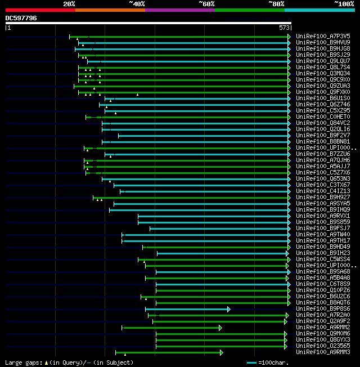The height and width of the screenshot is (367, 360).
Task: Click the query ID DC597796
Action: (x=21, y=18)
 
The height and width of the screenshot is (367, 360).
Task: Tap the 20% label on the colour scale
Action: (x=69, y=3)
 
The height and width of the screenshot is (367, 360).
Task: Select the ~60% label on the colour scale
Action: (x=206, y=3)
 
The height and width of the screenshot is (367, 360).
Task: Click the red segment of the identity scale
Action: (x=40, y=10)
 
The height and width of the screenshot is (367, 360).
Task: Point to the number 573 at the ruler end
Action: (x=284, y=28)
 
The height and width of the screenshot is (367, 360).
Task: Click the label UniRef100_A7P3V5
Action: (x=323, y=36)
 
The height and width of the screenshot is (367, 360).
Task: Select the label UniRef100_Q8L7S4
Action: (x=323, y=67)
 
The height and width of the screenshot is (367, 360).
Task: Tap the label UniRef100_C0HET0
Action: (x=323, y=117)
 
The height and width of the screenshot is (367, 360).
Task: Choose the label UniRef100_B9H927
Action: (x=323, y=197)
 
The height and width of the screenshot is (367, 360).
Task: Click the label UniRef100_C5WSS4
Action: (x=323, y=259)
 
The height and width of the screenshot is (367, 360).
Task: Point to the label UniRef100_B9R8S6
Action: (x=323, y=308)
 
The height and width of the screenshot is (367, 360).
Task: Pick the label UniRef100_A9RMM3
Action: (x=323, y=352)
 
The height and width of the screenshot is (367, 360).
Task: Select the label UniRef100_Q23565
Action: (x=323, y=346)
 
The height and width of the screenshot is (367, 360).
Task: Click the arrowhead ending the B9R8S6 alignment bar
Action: (x=228, y=309)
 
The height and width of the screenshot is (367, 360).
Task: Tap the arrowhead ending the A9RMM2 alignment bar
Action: (x=220, y=328)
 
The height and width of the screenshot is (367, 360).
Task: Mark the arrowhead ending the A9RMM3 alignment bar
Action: (x=222, y=352)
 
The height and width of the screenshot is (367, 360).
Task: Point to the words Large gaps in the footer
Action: (x=22, y=362)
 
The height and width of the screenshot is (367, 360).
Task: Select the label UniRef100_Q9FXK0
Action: (x=323, y=92)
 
